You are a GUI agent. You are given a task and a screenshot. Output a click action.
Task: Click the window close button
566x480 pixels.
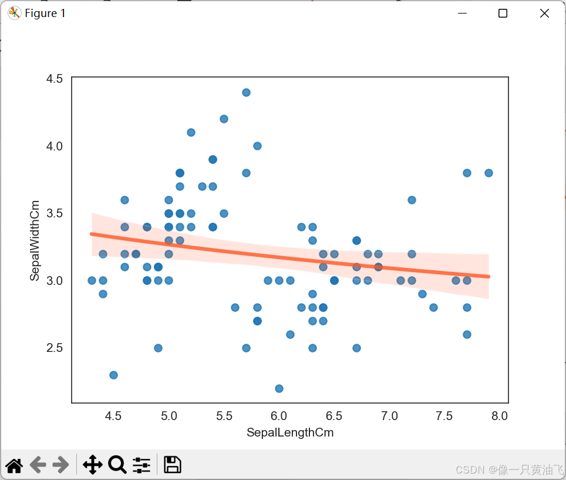(544, 14)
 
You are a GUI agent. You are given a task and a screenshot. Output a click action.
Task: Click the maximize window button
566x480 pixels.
(503, 14)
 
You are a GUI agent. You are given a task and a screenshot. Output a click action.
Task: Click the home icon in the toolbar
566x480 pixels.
(14, 465)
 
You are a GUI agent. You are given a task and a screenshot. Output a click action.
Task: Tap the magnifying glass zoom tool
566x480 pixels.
(117, 465)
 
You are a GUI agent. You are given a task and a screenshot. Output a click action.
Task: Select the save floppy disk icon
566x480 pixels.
(172, 465)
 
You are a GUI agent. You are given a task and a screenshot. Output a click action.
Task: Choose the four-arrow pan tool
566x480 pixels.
(93, 465)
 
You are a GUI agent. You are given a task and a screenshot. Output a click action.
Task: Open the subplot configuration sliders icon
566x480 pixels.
(141, 465)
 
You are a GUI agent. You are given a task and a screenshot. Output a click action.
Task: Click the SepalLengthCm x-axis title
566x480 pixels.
(290, 434)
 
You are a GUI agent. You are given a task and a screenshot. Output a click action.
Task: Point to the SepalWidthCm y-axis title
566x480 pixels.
(35, 240)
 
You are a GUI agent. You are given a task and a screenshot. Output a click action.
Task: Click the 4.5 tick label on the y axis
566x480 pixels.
(55, 79)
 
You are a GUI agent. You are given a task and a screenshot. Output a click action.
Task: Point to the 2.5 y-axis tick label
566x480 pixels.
(55, 348)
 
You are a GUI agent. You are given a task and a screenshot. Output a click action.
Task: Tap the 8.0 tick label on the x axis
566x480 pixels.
(500, 417)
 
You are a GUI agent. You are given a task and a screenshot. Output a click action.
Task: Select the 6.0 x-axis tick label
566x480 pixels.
(279, 417)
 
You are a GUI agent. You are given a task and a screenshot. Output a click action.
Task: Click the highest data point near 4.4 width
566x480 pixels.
(246, 92)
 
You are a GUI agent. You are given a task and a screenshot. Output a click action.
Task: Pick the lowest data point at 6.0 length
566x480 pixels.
(279, 388)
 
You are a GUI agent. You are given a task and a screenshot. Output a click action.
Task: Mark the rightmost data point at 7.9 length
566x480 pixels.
(488, 173)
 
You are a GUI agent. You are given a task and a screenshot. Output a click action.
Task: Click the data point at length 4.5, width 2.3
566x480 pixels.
(113, 375)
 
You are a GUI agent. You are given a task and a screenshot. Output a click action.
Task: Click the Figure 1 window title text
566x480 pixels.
(45, 14)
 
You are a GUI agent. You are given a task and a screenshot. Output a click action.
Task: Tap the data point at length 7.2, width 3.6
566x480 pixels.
(412, 200)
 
